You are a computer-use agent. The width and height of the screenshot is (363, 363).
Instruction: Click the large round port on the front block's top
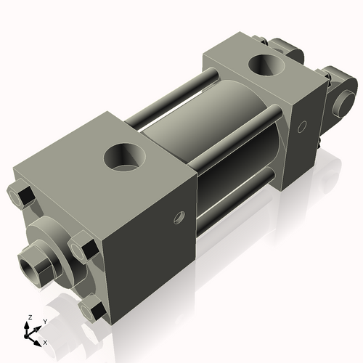click(x=125, y=156)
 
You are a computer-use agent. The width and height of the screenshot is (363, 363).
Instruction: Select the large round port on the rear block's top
click(x=267, y=65)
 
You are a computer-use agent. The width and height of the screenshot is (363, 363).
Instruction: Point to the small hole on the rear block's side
click(x=302, y=127)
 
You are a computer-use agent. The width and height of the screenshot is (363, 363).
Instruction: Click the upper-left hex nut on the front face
click(x=22, y=195)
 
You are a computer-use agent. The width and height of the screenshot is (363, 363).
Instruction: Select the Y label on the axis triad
click(x=44, y=320)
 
